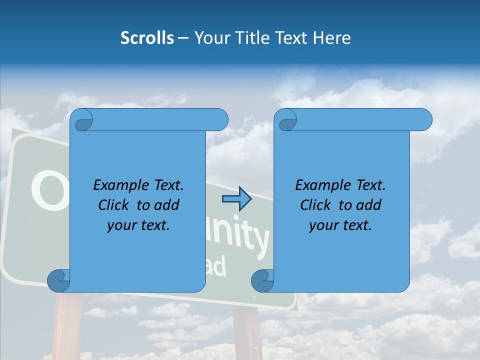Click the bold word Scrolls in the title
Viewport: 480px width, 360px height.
tap(147, 38)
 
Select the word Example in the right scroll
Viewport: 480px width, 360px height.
tap(320, 185)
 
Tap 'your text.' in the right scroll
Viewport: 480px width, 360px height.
tap(340, 225)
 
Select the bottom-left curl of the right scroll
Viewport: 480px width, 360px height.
tap(263, 280)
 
